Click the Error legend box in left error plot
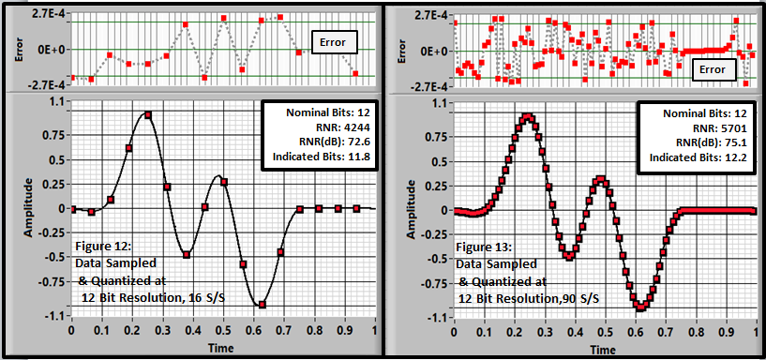[x=332, y=42]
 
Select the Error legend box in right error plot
[x=713, y=69]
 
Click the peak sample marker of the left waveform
[x=148, y=115]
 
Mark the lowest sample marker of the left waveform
[x=262, y=305]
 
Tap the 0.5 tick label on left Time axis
[x=223, y=331]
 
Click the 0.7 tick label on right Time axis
[x=665, y=331]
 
